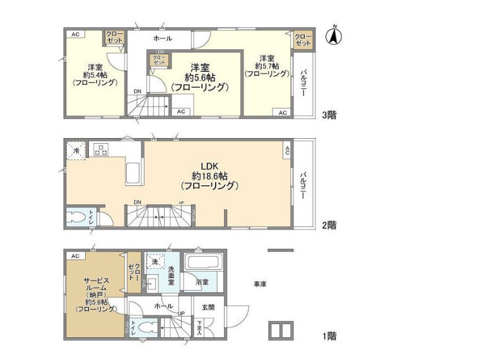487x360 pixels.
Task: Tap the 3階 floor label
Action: point(328,115)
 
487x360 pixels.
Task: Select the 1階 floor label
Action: point(328,336)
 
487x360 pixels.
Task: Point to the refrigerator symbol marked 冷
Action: point(75,151)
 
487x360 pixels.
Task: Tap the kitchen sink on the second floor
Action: point(133,171)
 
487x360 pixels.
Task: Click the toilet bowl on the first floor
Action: point(144,328)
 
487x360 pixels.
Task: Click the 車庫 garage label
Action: point(260,284)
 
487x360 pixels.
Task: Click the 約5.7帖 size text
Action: point(267,65)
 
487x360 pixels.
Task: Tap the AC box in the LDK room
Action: point(287,150)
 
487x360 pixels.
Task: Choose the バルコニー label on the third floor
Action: point(303,82)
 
